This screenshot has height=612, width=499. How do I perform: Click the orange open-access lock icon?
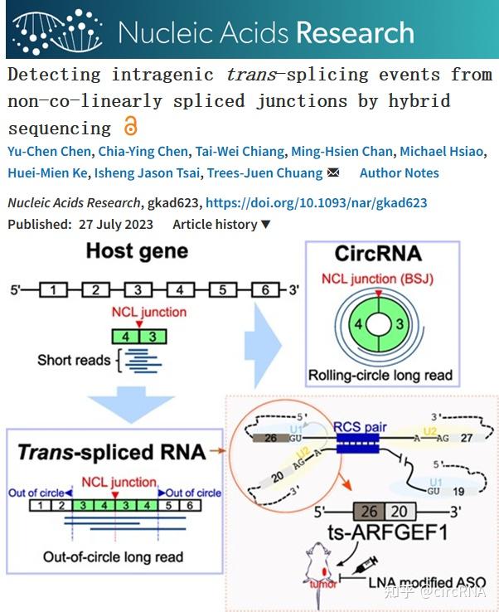tap(130, 127)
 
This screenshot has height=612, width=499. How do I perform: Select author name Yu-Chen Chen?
tap(43, 151)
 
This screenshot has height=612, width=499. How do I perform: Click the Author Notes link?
tap(399, 173)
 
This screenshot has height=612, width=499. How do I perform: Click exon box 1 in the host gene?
tap(53, 290)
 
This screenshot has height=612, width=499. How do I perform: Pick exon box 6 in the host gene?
tap(265, 290)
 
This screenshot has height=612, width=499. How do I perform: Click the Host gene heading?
tap(137, 250)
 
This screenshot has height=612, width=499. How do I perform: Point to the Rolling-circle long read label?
tap(380, 375)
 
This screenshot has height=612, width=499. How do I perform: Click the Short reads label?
tap(74, 360)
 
